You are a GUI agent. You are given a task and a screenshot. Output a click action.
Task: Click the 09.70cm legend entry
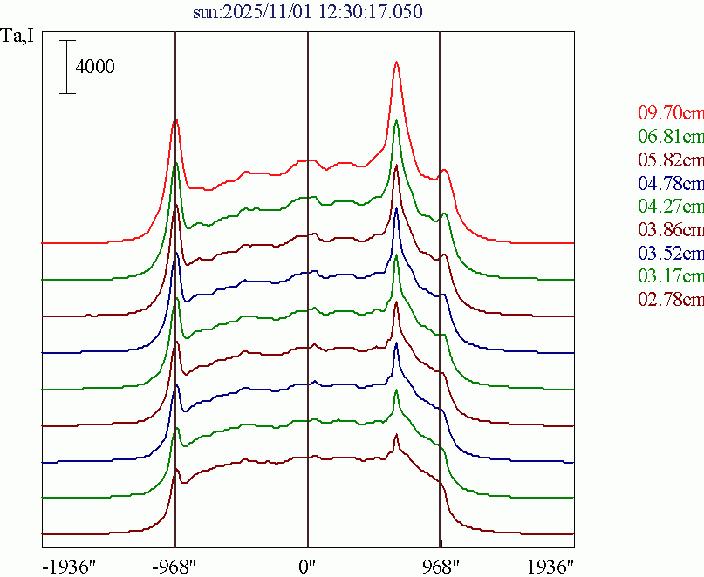tap(670, 113)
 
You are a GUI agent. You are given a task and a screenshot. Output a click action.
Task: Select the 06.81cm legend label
tap(670, 137)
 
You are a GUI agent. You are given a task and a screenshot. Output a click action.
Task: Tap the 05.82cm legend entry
tap(670, 160)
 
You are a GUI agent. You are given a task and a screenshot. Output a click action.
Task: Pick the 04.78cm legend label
tap(670, 183)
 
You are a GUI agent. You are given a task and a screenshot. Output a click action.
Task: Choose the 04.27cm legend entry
tap(670, 207)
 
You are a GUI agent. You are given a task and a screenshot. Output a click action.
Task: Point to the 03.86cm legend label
tap(670, 230)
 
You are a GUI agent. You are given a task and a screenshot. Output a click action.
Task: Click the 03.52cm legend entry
tap(670, 254)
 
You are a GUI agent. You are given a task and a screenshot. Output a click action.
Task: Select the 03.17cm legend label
tap(670, 276)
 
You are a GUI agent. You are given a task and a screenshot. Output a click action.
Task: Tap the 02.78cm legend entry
tap(670, 300)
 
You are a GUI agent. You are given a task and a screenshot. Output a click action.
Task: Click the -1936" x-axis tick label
tap(67, 566)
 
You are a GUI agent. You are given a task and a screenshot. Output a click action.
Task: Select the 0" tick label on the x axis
tap(307, 566)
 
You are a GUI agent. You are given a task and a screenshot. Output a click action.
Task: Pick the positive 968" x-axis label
tap(441, 566)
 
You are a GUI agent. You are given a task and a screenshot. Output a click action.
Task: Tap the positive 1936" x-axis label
tap(549, 566)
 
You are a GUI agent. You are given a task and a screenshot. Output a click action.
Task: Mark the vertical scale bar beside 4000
tap(68, 67)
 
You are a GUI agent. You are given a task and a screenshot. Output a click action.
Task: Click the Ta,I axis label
tap(19, 38)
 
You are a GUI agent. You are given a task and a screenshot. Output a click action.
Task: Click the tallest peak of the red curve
tap(396, 63)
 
